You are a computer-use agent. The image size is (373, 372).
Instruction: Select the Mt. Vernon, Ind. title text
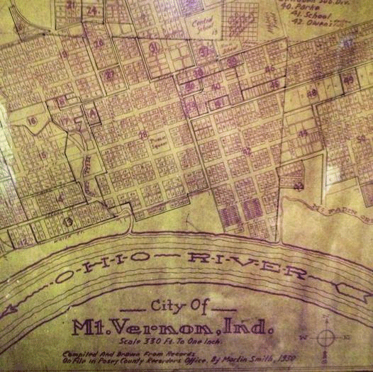click(173, 327)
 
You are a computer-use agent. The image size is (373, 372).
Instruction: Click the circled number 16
click(32, 121)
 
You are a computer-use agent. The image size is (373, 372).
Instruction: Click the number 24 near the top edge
click(91, 11)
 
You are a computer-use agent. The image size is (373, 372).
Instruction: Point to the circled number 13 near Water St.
click(68, 220)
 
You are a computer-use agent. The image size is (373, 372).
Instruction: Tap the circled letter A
click(91, 111)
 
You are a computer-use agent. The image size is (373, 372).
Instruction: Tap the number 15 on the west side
click(43, 154)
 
